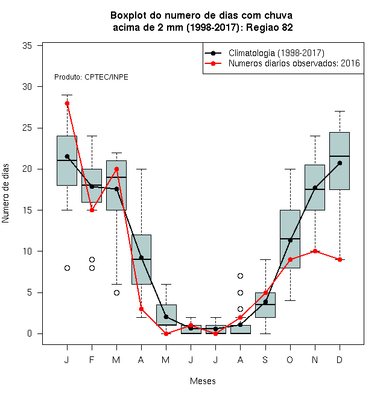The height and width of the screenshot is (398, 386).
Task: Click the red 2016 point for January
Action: [67, 103]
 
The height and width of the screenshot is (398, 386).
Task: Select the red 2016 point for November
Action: [315, 251]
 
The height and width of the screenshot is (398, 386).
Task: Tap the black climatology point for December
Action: [340, 163]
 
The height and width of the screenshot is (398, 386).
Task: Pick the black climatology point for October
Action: [290, 240]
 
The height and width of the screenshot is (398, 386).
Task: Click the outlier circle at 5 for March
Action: [116, 292]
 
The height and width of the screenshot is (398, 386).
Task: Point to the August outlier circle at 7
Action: [240, 276]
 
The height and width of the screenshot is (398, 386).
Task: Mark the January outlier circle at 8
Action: [67, 268]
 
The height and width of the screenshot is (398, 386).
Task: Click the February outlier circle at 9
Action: [92, 260]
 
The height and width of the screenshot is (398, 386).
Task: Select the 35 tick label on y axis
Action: [27, 46]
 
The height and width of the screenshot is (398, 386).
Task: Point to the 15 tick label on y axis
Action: [27, 210]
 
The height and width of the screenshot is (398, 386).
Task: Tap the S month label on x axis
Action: [265, 359]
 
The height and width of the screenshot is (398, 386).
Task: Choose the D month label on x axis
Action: [340, 359]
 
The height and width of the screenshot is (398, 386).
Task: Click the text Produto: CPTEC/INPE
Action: [91, 77]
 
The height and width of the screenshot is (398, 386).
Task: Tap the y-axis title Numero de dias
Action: [5, 194]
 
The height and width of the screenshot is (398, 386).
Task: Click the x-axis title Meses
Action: [203, 381]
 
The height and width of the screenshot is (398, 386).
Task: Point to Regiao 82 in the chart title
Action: [270, 27]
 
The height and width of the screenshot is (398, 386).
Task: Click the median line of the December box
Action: [340, 156]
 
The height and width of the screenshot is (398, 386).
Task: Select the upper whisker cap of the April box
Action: [142, 169]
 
